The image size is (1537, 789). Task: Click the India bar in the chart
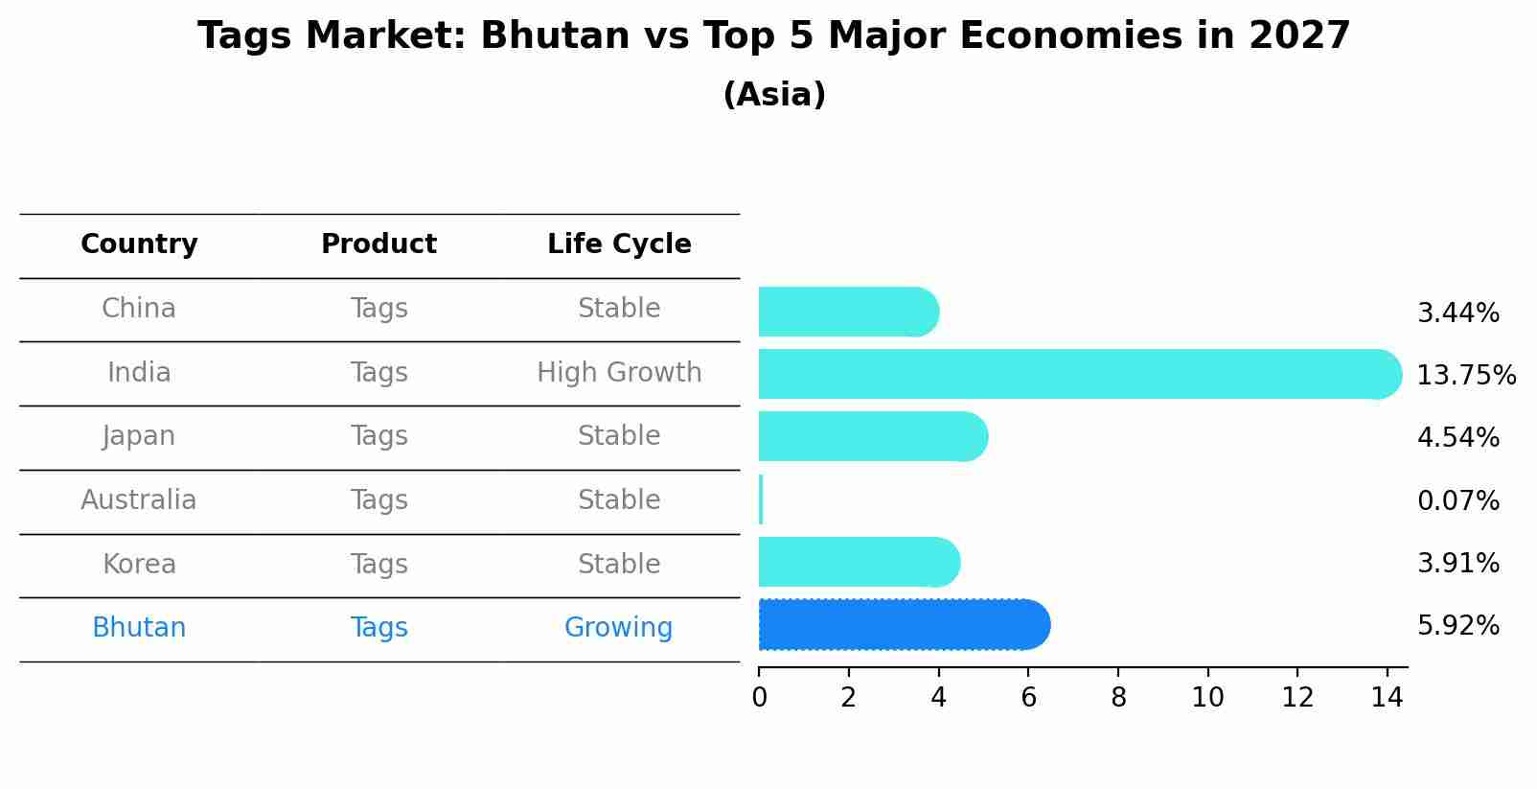1073,374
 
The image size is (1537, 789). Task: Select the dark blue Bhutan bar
901,625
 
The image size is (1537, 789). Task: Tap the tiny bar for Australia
761,499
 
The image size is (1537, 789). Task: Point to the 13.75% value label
1465,375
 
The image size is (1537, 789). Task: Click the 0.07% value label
1457,500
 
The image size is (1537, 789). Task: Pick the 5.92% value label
1457,626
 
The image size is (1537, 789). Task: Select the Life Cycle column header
619,244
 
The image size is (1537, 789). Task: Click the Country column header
139,244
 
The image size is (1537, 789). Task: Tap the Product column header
379,244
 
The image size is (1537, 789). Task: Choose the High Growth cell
619,372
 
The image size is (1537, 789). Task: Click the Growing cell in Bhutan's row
618,628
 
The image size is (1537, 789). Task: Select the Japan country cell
139,436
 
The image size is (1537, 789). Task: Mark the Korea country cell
139,564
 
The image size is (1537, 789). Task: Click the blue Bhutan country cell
139,628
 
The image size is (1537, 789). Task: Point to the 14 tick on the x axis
1387,697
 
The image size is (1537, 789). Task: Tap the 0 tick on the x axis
759,697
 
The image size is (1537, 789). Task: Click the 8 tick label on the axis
1118,697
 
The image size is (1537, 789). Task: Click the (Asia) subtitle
774,95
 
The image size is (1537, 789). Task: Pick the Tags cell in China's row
379,309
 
